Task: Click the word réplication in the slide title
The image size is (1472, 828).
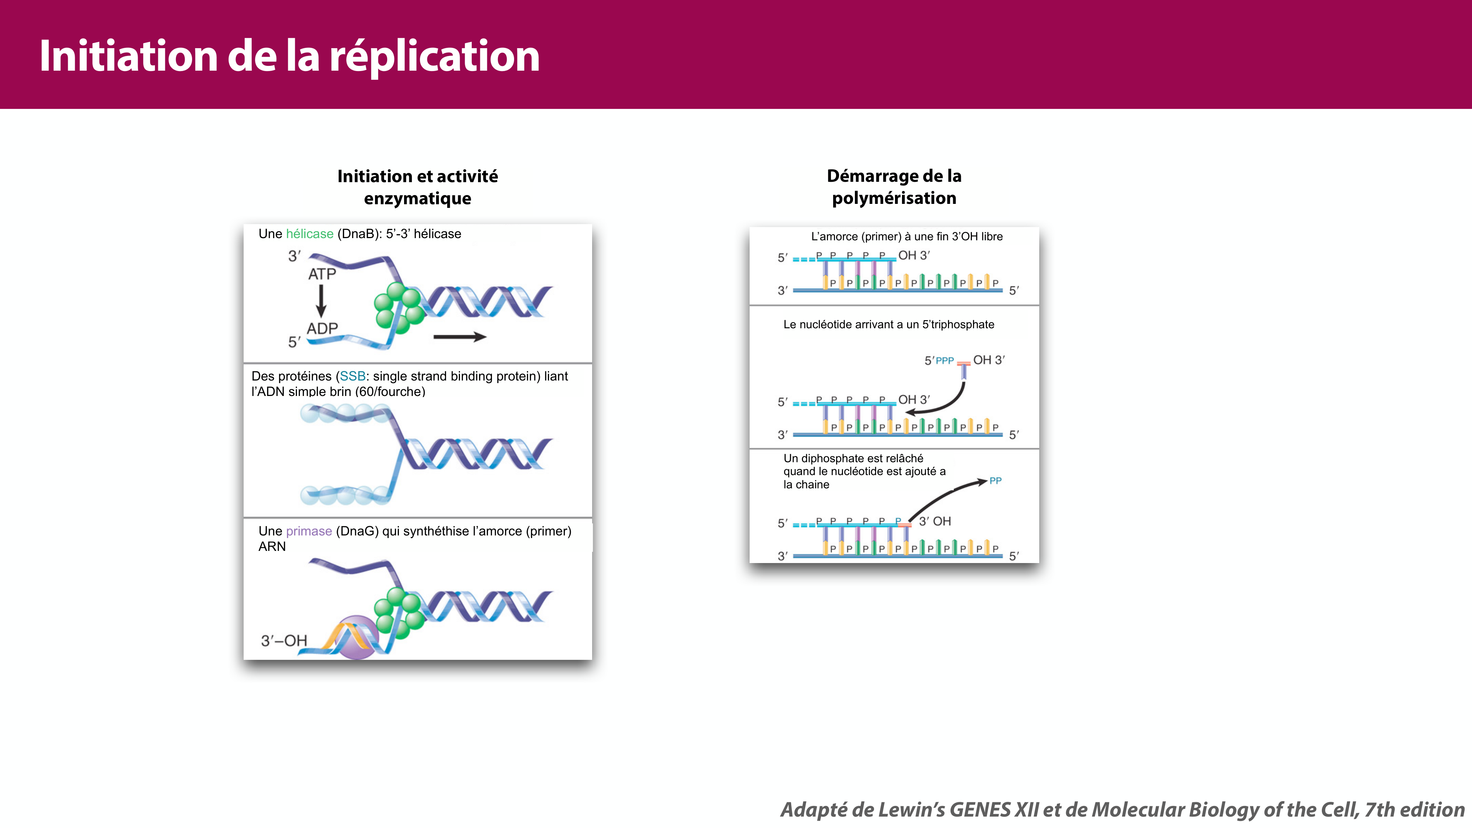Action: pyautogui.click(x=434, y=57)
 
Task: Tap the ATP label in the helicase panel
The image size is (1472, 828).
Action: pyautogui.click(x=322, y=274)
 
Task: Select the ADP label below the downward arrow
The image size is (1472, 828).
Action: pyautogui.click(x=322, y=329)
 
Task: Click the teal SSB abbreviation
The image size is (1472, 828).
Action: pyautogui.click(x=352, y=376)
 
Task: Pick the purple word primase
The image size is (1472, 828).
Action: pyautogui.click(x=309, y=531)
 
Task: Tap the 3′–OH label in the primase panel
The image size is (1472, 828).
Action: pyautogui.click(x=284, y=641)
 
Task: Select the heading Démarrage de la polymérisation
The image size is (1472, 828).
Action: pyautogui.click(x=894, y=187)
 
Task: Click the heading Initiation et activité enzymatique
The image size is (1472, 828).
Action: pyautogui.click(x=417, y=187)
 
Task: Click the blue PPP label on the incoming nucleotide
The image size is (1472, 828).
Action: pyautogui.click(x=945, y=361)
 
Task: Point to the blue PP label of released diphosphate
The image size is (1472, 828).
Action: pyautogui.click(x=995, y=481)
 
